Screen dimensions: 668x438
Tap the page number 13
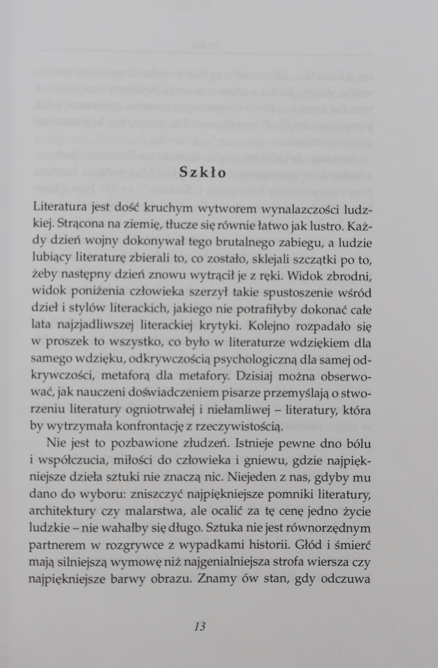200,626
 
